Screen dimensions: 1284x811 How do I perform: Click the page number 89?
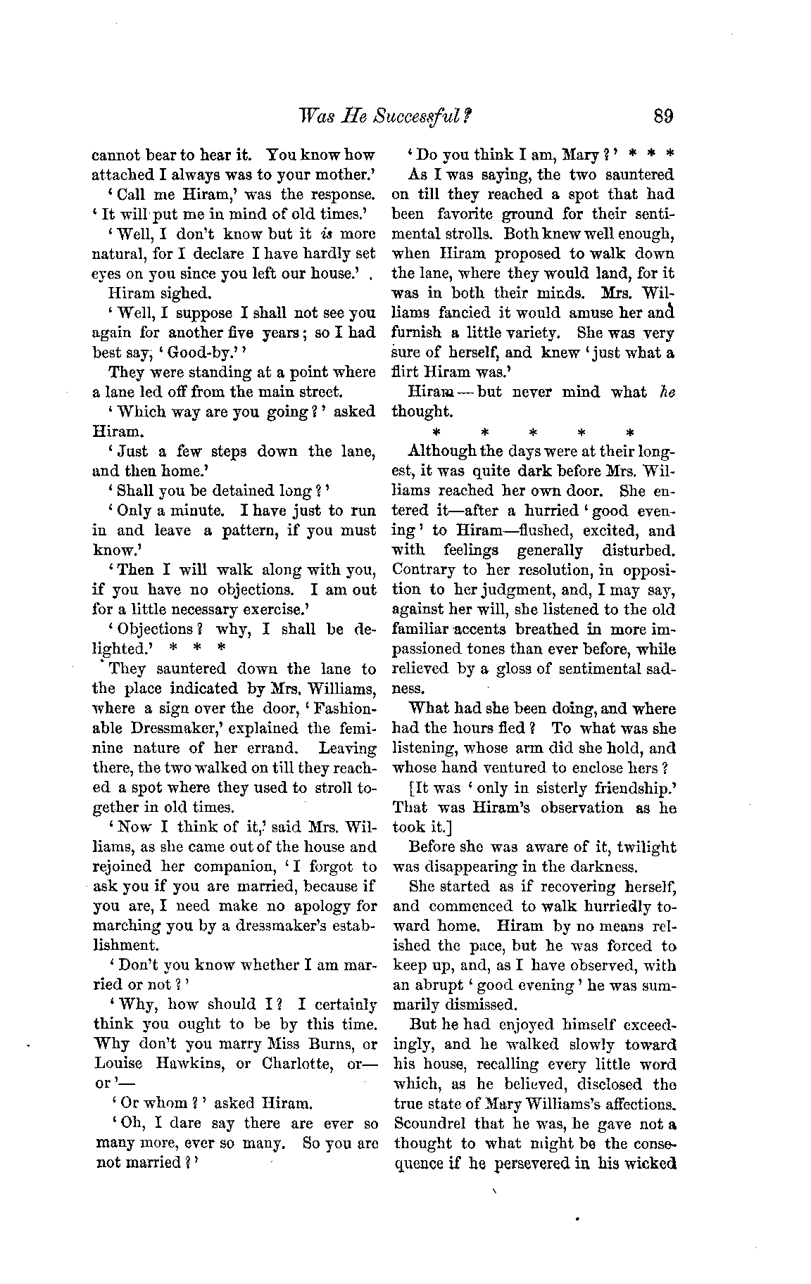tap(664, 115)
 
